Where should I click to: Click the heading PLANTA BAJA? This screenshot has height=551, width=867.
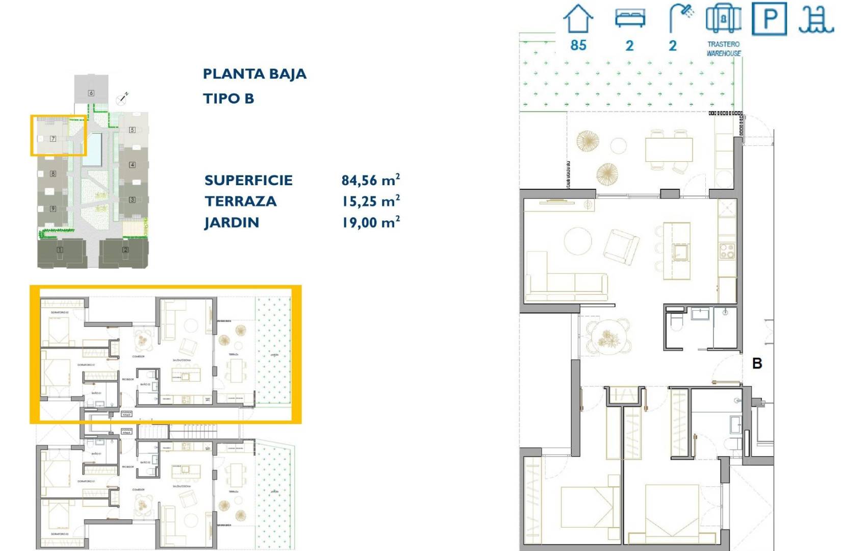(x=254, y=74)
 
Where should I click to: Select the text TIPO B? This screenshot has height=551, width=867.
(x=228, y=98)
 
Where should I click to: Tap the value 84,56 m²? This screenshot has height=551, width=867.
(x=370, y=180)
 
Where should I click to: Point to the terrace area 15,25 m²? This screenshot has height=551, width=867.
(x=370, y=202)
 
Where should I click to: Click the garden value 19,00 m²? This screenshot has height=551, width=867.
(x=370, y=222)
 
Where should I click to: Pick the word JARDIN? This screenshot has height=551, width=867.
(x=232, y=223)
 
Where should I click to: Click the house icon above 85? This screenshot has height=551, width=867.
(x=578, y=19)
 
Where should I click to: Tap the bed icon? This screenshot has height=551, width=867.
(x=630, y=18)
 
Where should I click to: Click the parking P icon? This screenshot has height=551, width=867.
(x=769, y=19)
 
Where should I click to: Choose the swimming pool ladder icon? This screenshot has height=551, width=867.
(x=816, y=19)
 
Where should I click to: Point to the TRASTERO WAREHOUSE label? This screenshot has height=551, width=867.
(x=723, y=48)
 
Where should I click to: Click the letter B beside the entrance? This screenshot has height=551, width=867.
(x=757, y=364)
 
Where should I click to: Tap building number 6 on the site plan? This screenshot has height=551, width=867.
(x=91, y=93)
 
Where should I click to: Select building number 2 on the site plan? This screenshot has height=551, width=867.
(x=125, y=249)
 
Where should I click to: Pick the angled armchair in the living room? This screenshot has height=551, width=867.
(x=621, y=246)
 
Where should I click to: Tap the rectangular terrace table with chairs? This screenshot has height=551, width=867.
(x=669, y=149)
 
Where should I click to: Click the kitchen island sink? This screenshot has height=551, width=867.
(x=681, y=252)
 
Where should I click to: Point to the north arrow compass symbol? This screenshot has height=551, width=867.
(x=121, y=99)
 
